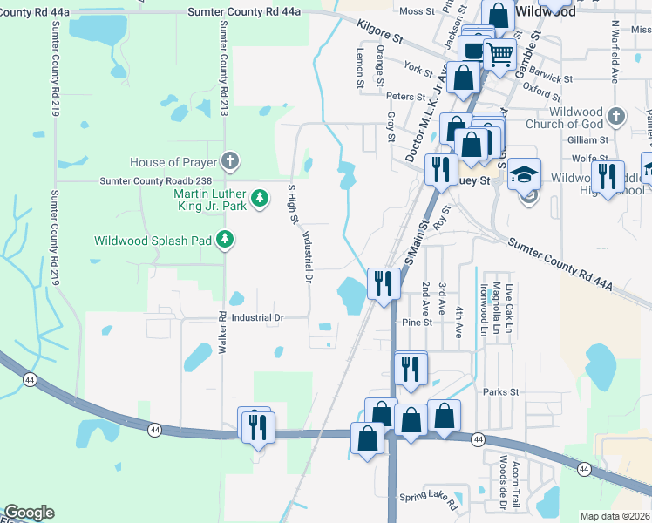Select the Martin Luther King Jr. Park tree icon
click(x=260, y=200)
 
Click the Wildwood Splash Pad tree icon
click(x=225, y=239)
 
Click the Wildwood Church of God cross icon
click(x=616, y=116)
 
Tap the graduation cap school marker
click(x=524, y=173)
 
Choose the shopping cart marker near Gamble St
click(x=499, y=54)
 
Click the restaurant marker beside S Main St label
click(x=384, y=282)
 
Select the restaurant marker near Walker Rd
click(x=256, y=426)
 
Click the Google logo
click(x=28, y=513)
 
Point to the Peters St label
click(x=405, y=96)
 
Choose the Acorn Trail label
click(x=516, y=484)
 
